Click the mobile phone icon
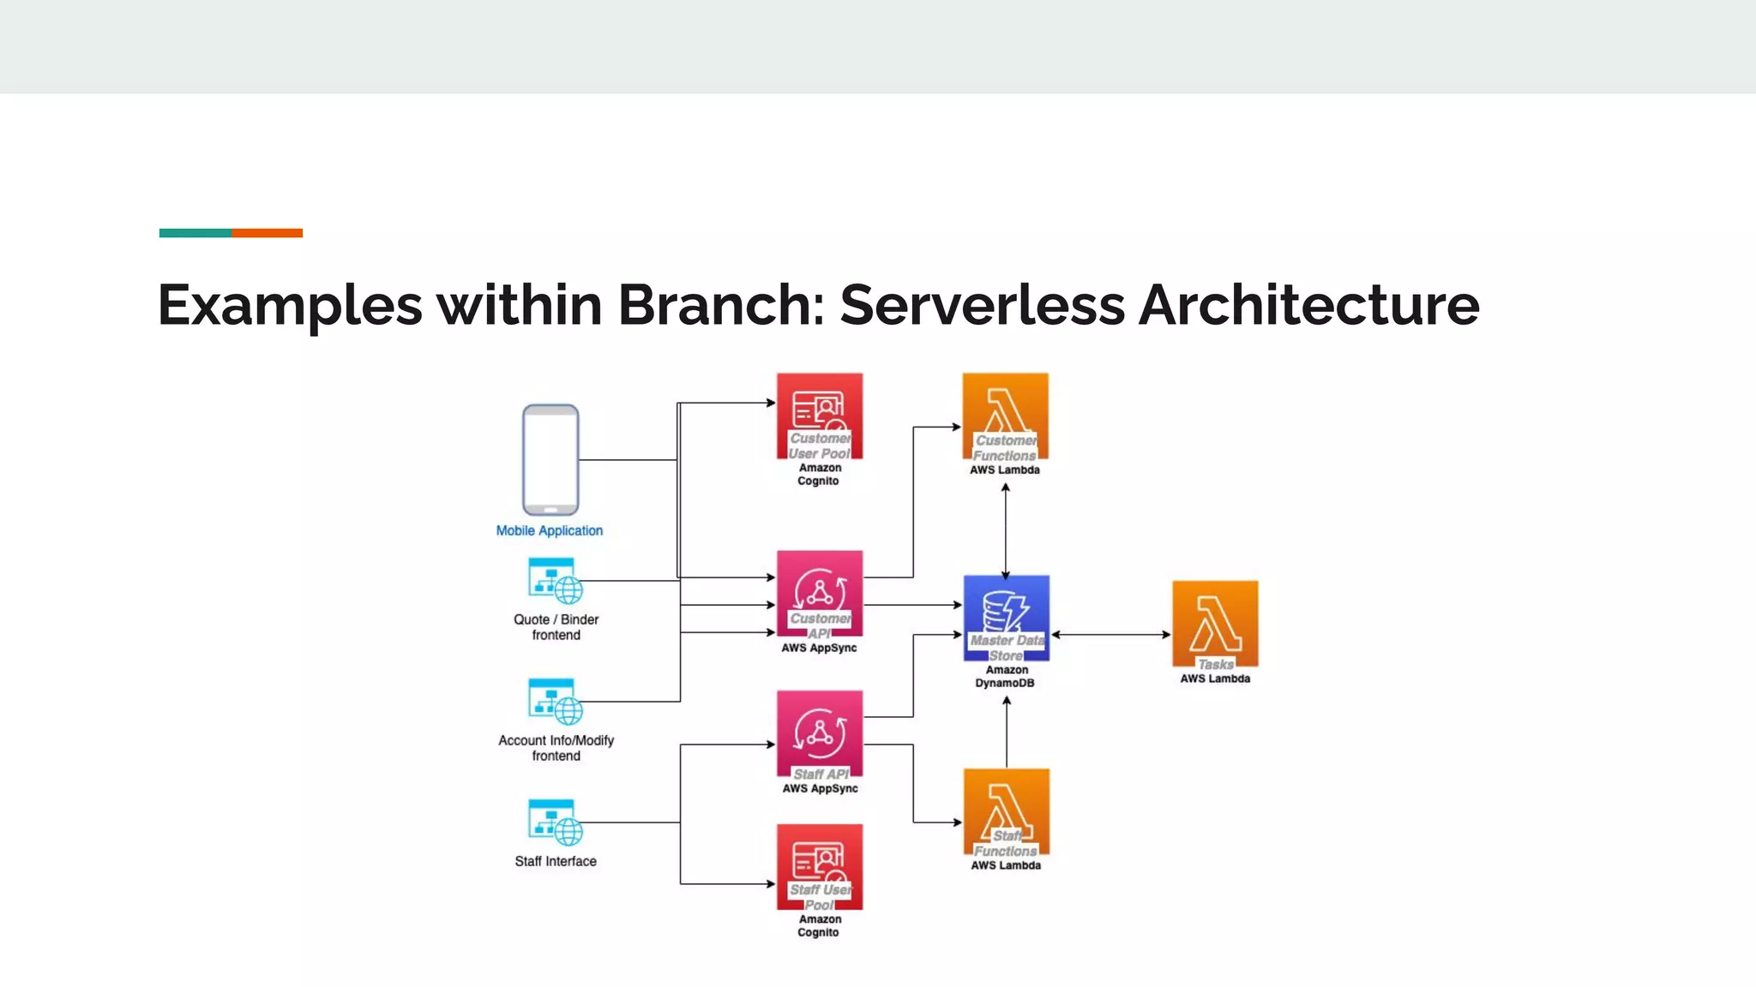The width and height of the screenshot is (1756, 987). (x=550, y=459)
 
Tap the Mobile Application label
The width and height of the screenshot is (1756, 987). (x=549, y=530)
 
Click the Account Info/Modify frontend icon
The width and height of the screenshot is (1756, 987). (x=555, y=702)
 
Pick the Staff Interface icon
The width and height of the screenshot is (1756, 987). (x=555, y=822)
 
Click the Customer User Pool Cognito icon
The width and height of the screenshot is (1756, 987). (x=820, y=416)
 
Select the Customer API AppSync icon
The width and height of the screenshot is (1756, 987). (x=820, y=593)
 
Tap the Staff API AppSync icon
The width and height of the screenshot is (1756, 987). (x=820, y=733)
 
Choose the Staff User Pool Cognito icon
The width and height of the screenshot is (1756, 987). (x=820, y=866)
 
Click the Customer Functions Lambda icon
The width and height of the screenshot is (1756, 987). (x=1005, y=416)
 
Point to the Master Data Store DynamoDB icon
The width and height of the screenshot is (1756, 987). (x=1006, y=617)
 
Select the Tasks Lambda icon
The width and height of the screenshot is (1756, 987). (x=1215, y=624)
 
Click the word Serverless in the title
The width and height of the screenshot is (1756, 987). (x=982, y=305)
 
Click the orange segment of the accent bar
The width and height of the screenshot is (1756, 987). (x=267, y=233)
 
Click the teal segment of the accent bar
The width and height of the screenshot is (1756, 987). (x=195, y=233)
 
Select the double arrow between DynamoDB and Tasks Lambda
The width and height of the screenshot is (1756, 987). (x=1110, y=635)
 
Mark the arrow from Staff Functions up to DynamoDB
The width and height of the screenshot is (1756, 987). (x=1007, y=733)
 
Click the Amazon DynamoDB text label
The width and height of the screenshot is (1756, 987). (x=1006, y=676)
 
